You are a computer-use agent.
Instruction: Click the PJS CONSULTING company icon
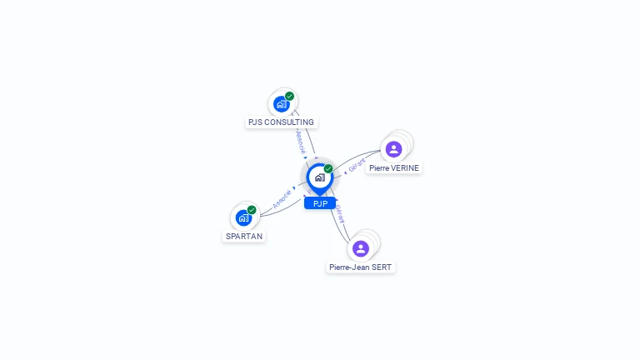point(281,104)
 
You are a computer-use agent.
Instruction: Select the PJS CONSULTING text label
point(281,122)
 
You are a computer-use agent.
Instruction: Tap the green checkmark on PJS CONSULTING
point(289,96)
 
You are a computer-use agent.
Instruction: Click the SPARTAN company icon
point(243,217)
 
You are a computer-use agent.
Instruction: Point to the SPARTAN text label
point(244,237)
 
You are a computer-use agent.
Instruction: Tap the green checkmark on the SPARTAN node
point(252,210)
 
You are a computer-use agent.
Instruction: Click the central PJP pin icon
point(319,177)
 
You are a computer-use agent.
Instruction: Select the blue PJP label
point(320,203)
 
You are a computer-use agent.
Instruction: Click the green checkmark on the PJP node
point(328,168)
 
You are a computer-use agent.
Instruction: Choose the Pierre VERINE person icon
point(394,149)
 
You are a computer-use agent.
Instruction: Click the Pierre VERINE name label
point(394,167)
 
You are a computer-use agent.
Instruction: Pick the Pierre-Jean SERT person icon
point(361,248)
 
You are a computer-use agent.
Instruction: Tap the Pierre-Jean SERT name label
point(361,267)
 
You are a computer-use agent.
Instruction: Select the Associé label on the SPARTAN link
point(282,198)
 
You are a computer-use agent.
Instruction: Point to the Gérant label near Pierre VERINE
point(357,164)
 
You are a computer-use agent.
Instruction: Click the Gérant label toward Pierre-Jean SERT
point(340,214)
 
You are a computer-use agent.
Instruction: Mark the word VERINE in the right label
point(405,167)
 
